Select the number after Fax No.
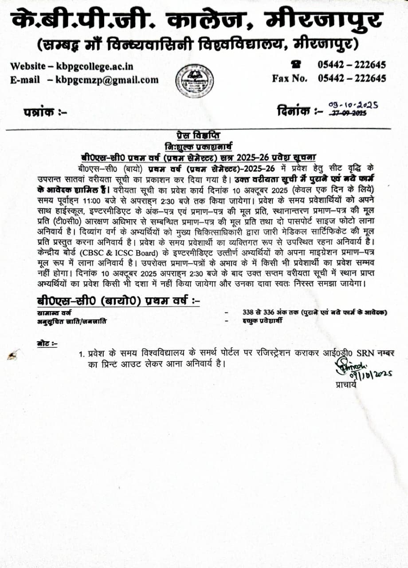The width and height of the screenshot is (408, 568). click(352, 79)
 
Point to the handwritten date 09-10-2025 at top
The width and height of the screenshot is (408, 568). click(353, 105)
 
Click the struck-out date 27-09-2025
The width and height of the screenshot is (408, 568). click(348, 114)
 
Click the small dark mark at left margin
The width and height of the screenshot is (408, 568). click(15, 355)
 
